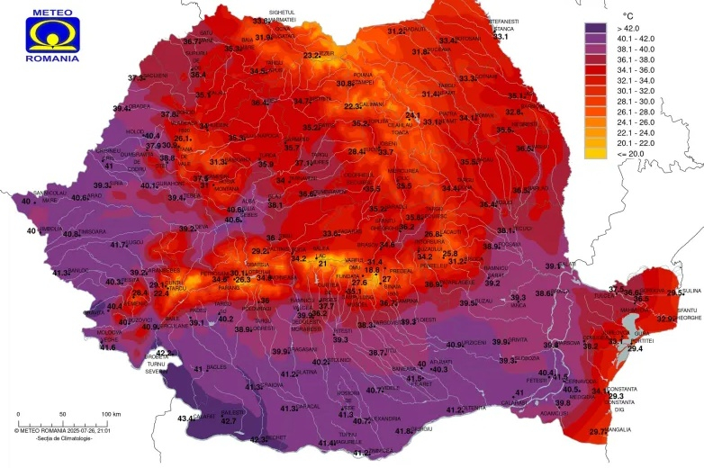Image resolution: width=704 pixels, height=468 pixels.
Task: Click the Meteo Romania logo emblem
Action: [52, 33]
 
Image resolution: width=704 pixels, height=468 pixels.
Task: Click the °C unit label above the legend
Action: [628, 16]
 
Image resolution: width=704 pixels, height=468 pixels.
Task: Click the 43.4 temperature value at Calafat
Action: [186, 418]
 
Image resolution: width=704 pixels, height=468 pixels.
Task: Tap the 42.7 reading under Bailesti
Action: [229, 420]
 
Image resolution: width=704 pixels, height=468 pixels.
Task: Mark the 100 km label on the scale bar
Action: [111, 414]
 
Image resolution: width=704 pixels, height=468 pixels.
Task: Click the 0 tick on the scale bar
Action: [18, 414]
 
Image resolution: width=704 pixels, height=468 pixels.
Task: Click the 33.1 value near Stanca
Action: [501, 36]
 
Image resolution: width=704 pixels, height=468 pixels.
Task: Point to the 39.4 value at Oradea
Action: [121, 108]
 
